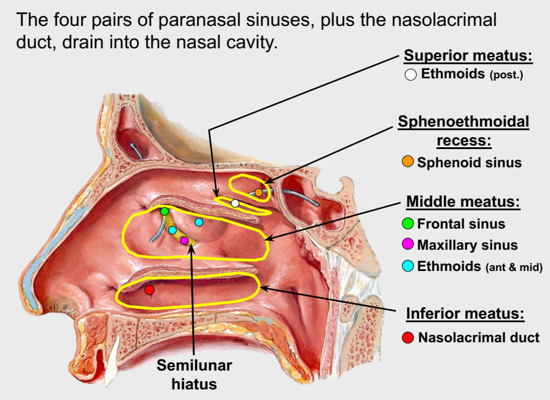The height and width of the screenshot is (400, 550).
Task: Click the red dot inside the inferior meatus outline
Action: coord(149,289)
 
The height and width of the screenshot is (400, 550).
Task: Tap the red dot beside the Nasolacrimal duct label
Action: coord(408,338)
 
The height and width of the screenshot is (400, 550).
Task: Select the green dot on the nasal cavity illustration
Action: coord(165,211)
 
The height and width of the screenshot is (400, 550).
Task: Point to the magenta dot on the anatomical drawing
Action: coord(184,240)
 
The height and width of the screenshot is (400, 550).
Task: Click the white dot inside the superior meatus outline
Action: coord(235,203)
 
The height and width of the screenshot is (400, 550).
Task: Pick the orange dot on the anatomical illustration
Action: coord(259,192)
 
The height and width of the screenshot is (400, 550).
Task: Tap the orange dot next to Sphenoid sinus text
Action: coord(408,162)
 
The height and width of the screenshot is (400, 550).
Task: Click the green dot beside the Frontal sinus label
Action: coord(408,224)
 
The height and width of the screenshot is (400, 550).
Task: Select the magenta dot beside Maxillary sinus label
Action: coord(408,244)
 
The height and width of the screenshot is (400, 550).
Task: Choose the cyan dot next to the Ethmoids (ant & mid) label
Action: coord(408,266)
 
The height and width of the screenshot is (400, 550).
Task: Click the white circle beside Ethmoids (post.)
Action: coord(411,75)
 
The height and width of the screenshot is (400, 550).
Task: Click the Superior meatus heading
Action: coord(468,57)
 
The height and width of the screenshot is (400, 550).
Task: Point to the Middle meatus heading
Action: coord(464,202)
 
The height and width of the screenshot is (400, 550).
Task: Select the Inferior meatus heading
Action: coord(465,313)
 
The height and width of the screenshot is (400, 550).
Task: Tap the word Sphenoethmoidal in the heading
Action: coord(464,122)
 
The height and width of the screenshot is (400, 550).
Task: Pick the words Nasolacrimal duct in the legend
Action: coord(479,338)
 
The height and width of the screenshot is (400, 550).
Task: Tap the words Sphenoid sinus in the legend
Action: coord(469,163)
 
